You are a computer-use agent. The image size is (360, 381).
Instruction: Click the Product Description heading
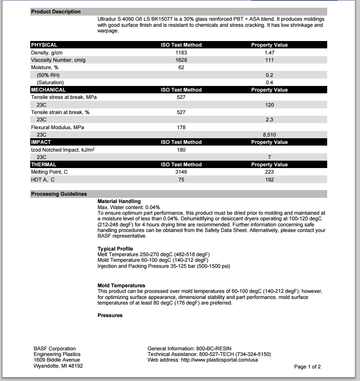click(x=56, y=12)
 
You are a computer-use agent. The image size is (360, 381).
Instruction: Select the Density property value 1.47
click(x=269, y=52)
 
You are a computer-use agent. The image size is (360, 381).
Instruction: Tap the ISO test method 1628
click(x=181, y=60)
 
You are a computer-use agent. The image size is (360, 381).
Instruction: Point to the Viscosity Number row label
click(x=58, y=60)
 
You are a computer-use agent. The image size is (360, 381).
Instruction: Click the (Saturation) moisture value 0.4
click(x=269, y=83)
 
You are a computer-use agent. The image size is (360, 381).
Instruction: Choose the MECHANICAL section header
click(x=48, y=90)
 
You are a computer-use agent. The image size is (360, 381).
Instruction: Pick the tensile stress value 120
click(x=269, y=105)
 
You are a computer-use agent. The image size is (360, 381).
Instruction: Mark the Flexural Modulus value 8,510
click(x=269, y=135)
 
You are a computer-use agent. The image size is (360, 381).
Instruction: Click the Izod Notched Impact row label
click(x=63, y=150)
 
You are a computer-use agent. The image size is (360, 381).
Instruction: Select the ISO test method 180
click(x=181, y=150)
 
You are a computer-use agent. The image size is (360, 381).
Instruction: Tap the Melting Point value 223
click(x=269, y=172)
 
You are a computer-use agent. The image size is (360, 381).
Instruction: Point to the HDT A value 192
click(x=269, y=180)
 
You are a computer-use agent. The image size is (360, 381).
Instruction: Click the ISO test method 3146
click(x=181, y=172)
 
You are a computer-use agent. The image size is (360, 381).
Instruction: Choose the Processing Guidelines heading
click(x=59, y=194)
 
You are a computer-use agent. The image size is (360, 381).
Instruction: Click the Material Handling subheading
click(x=119, y=201)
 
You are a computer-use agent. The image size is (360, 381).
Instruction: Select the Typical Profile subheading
click(x=115, y=249)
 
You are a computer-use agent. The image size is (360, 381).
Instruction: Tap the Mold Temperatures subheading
click(x=121, y=286)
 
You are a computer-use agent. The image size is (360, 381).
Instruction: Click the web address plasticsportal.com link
click(x=219, y=360)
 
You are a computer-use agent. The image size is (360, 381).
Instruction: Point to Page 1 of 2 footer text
click(x=307, y=367)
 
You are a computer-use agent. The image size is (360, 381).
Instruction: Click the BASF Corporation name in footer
click(x=54, y=349)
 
